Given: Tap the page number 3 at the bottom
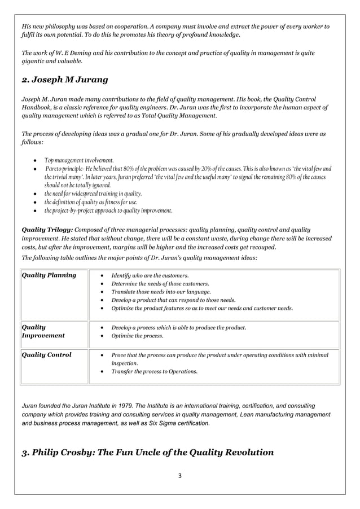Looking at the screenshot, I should (x=179, y=475).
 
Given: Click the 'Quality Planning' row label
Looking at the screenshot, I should (x=49, y=275).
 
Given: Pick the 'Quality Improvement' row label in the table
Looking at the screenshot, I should (x=43, y=331).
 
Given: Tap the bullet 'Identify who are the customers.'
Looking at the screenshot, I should (x=150, y=275).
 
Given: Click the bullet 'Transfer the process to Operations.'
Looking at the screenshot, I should (x=154, y=372).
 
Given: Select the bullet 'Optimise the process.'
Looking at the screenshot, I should (x=137, y=336).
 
